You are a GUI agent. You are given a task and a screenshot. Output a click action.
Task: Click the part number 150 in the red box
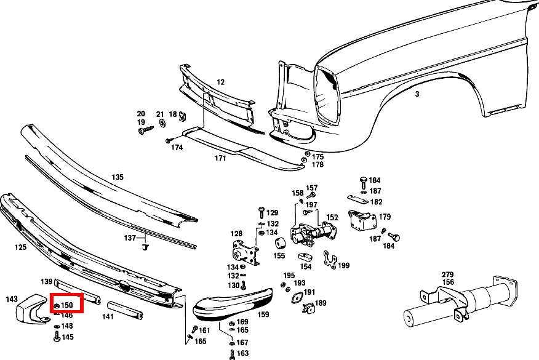[x=68, y=305]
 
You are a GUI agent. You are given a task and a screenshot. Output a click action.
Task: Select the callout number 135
[x=118, y=177]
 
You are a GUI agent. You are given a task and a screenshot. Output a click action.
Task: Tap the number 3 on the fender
[x=417, y=94]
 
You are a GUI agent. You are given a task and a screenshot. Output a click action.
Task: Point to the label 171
[x=220, y=159]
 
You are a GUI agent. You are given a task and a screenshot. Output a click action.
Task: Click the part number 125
[x=20, y=247]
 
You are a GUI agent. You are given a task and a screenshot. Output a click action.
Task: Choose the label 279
[x=447, y=274]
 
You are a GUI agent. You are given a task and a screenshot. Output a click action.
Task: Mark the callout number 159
[x=263, y=314]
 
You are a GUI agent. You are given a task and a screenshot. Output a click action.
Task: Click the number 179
[x=385, y=217]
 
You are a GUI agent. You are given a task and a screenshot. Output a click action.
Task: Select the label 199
[x=343, y=265]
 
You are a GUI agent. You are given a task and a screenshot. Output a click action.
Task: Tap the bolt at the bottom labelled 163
[x=231, y=354]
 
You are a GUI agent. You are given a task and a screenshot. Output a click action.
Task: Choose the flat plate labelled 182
[x=355, y=199]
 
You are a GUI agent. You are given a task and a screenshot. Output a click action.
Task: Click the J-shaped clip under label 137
[x=146, y=248]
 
